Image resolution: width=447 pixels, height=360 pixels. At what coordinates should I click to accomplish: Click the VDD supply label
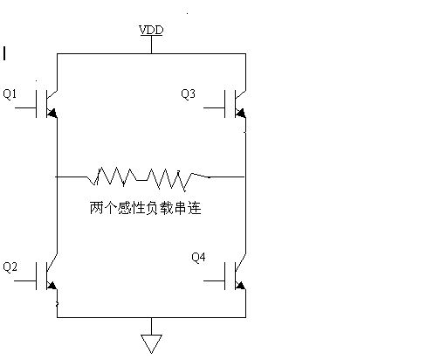point(151,30)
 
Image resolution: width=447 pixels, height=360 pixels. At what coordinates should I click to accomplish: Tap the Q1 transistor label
point(10,93)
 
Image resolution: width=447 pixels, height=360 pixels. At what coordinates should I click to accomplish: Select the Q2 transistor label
point(10,267)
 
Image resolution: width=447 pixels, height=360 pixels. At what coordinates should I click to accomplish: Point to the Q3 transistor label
point(188,93)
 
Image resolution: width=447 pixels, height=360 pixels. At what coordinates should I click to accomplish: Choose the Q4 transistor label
point(198,257)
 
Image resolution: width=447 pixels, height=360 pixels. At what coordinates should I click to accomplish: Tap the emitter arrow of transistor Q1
point(52,113)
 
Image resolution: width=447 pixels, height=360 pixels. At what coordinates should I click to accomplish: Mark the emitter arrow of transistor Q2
point(52,285)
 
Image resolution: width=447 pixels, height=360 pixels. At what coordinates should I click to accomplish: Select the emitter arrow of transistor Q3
point(241,113)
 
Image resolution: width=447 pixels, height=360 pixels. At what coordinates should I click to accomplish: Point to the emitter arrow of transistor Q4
point(241,285)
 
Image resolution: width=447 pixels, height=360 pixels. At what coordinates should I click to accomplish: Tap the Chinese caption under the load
point(146,208)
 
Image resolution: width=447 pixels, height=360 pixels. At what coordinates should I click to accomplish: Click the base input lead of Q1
point(25,107)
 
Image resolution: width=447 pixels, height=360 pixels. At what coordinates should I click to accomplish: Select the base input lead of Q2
point(25,281)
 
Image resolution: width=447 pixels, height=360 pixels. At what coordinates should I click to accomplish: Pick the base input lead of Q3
point(214,107)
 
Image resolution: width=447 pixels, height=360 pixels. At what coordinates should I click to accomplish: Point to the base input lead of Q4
point(214,281)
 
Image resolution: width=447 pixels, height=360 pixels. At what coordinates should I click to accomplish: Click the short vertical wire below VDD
point(151,45)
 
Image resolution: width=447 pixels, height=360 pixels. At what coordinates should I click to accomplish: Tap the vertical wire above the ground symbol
point(151,326)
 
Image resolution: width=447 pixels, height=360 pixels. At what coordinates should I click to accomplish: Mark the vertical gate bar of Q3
point(225,104)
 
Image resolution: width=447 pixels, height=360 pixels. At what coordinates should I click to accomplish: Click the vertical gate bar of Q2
point(37,276)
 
